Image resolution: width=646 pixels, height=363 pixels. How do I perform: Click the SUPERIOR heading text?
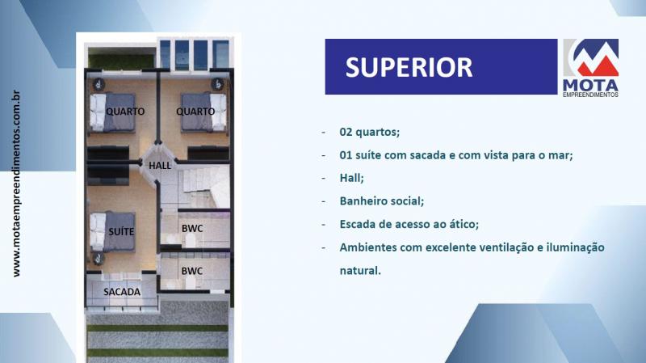[409, 67]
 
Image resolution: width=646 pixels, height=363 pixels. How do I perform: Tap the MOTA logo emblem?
[591, 57]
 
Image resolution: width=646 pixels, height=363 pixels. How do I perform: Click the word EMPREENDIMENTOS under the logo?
[591, 95]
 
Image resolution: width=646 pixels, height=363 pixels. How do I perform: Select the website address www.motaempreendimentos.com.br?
[16, 184]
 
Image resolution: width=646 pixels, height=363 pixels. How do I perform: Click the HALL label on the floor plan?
[160, 166]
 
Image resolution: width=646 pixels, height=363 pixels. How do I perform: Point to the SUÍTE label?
[121, 231]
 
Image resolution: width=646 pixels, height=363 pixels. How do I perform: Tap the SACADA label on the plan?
[122, 292]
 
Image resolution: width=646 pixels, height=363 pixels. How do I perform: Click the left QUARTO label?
[125, 112]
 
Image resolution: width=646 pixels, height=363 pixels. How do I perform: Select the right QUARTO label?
[195, 112]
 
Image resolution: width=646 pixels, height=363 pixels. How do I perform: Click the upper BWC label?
[192, 228]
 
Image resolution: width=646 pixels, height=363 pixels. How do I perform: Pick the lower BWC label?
[192, 271]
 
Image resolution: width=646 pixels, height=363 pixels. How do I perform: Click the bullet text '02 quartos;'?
[370, 132]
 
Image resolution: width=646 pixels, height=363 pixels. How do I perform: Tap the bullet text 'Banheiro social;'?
[381, 200]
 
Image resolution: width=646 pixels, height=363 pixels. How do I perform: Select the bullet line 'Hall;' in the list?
[351, 178]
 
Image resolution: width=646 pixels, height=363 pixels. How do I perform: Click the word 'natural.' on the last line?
[360, 271]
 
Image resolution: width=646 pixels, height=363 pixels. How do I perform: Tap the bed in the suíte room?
[112, 231]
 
